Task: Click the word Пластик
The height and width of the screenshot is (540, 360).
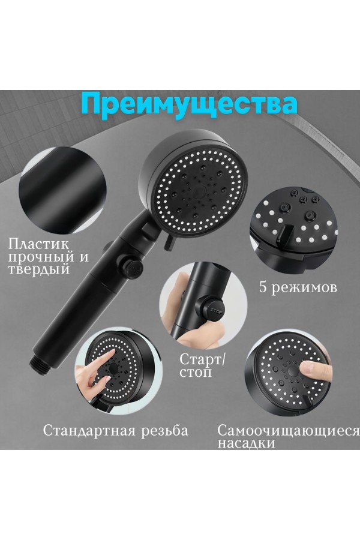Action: (38, 245)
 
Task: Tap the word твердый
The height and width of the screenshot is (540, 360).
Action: (38, 269)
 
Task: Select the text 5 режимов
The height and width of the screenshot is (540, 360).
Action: (298, 287)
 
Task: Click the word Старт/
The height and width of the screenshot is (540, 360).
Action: (202, 359)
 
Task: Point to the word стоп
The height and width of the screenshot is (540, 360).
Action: (196, 372)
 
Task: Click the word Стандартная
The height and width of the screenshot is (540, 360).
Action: (89, 430)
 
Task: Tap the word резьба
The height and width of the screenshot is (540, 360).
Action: (165, 430)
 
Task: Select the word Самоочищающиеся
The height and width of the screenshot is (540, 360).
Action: (289, 430)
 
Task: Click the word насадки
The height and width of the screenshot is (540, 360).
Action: (247, 443)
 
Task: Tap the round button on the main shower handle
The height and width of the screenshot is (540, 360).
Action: (131, 267)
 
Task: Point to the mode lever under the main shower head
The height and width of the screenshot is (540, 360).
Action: (169, 241)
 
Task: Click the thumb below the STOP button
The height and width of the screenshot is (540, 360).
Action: (202, 336)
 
